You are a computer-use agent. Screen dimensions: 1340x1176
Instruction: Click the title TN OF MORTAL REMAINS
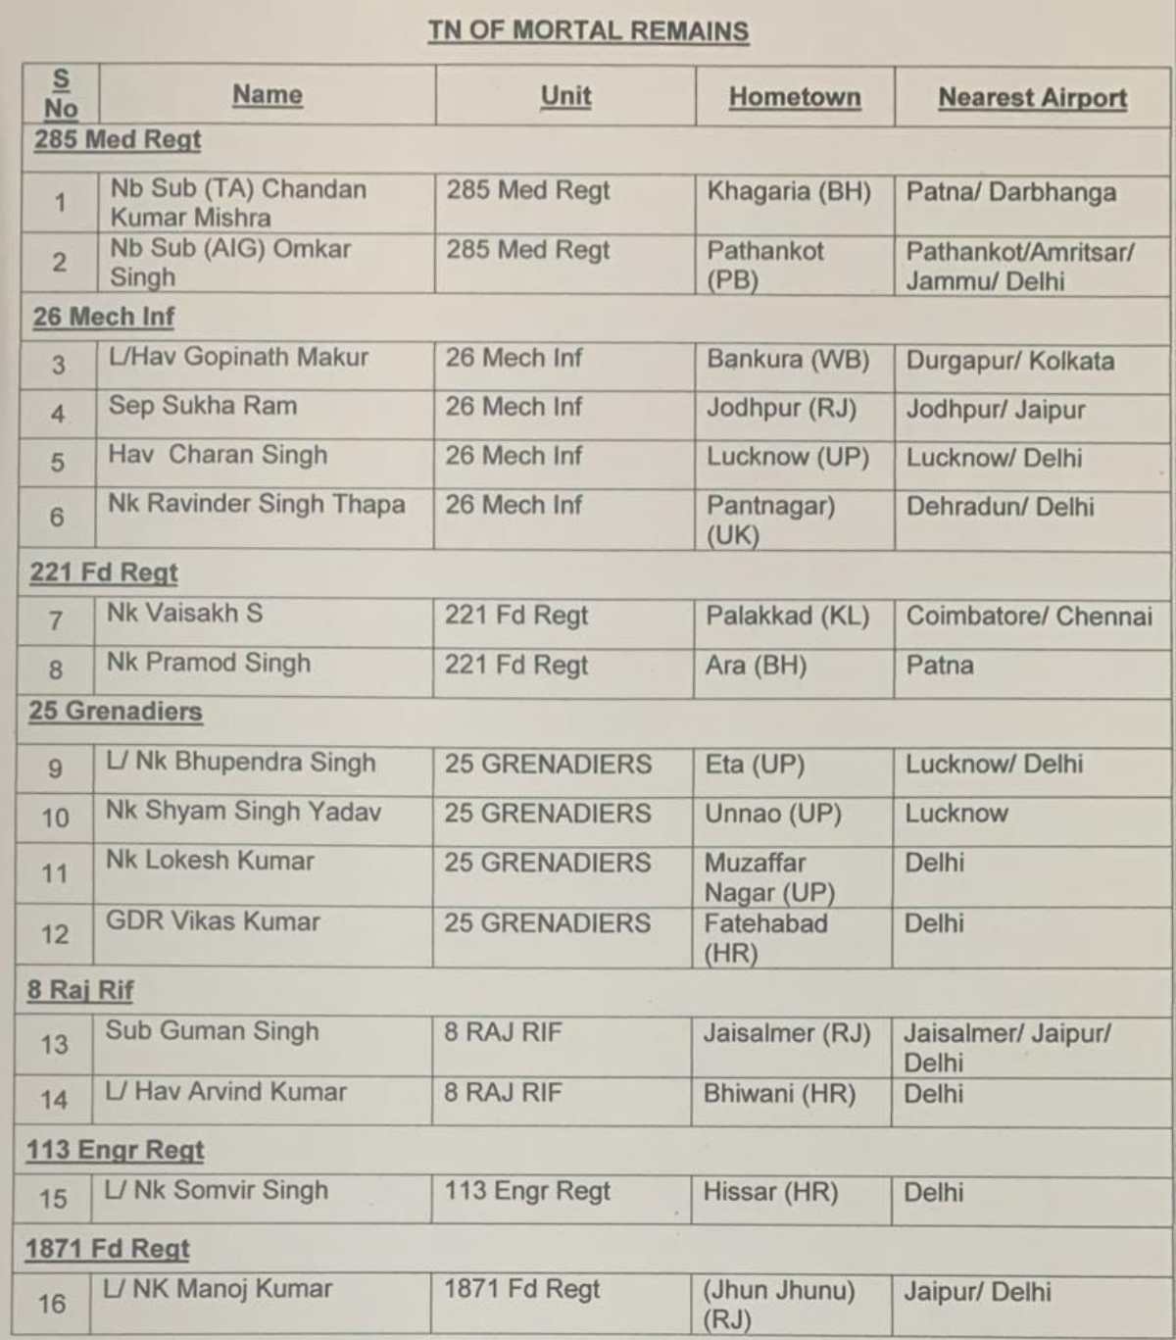click(588, 30)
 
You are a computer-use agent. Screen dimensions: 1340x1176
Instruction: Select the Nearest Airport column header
click(1032, 98)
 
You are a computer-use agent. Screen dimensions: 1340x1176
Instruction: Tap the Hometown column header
click(795, 97)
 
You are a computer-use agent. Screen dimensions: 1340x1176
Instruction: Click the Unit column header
click(565, 96)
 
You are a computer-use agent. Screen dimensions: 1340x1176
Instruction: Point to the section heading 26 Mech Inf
click(104, 317)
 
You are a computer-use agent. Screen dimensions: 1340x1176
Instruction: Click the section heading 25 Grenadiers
click(116, 711)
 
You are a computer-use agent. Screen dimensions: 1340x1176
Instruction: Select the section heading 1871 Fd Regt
click(108, 1248)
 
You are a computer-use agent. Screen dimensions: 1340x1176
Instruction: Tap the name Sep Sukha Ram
click(203, 406)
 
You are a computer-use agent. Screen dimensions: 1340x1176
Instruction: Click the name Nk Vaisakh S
click(185, 614)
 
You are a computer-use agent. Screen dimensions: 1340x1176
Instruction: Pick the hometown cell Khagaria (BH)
click(789, 191)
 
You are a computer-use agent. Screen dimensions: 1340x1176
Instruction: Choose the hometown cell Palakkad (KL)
click(787, 616)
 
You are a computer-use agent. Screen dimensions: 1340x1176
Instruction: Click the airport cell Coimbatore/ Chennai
click(1029, 617)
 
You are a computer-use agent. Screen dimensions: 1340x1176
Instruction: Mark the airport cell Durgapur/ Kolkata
click(1009, 361)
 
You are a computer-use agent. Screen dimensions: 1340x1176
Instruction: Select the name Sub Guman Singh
click(213, 1031)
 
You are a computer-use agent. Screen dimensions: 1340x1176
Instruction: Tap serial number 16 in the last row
click(52, 1304)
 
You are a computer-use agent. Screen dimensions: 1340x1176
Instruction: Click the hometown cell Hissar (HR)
click(770, 1192)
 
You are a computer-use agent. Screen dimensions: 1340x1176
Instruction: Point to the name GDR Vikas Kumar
click(213, 921)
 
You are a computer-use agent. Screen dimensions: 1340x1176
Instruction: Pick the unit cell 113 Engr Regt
click(527, 1191)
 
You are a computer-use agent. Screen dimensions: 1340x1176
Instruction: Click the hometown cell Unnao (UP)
click(773, 814)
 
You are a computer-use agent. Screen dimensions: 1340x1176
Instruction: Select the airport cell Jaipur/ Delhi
click(977, 1291)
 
